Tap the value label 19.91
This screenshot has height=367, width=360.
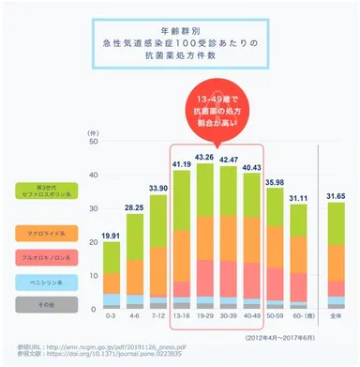pos(111,235)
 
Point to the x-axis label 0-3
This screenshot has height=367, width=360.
pos(111,315)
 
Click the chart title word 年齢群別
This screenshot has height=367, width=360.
pos(181,30)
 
